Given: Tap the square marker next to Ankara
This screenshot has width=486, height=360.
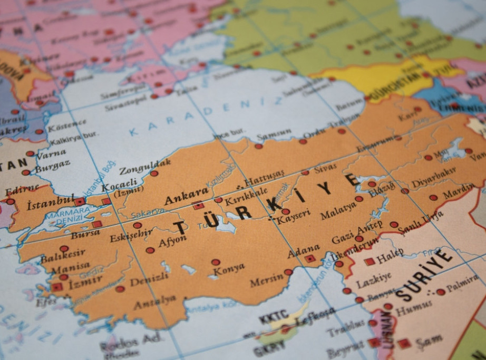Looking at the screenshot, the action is pos(198,206).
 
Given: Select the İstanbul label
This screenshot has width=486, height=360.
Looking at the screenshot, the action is pos(51,201).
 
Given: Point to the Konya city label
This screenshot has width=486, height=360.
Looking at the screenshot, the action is pos(228,269).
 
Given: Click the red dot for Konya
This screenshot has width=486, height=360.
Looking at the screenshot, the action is pos(216,262).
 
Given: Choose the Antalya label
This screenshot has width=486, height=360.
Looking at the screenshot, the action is pos(154,302).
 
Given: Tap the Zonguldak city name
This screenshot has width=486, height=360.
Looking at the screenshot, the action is pos(145,166).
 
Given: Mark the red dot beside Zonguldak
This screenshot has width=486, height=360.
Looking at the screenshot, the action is pos(154,173).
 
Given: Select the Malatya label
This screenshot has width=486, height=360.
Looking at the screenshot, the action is pos(338,211).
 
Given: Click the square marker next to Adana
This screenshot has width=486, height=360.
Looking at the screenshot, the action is pos(310,259).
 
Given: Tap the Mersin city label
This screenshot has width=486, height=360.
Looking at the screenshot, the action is pos(266,280).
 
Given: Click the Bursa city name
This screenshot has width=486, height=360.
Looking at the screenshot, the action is pos(85,233).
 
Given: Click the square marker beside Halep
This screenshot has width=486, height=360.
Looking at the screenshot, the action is pos(370,261).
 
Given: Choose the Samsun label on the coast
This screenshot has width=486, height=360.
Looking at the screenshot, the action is pos(274,135).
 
